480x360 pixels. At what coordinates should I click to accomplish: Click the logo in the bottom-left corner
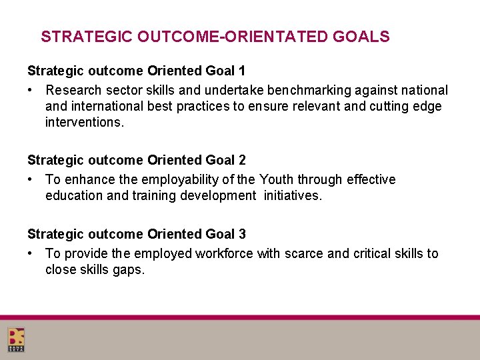coord(17,339)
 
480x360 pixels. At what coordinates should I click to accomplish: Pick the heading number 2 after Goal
coord(242,160)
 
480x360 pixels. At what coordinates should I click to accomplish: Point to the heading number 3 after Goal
coord(242,234)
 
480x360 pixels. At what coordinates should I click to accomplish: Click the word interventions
coord(85,123)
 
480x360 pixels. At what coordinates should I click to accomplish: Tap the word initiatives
coord(293,196)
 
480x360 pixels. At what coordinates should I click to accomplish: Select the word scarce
coord(307,253)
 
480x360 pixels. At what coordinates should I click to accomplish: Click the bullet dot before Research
coord(31,90)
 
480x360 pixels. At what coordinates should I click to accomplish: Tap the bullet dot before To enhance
coord(31,179)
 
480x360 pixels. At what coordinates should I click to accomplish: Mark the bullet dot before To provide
coord(31,253)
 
